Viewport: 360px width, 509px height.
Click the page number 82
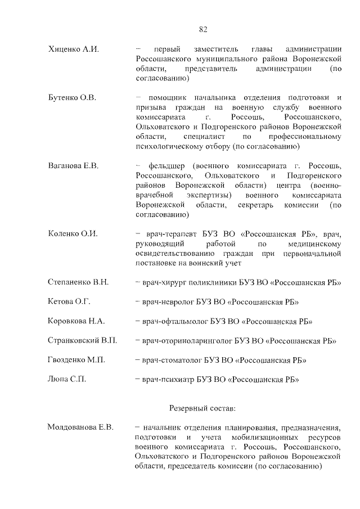click(x=203, y=29)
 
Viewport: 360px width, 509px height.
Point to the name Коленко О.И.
click(x=73, y=233)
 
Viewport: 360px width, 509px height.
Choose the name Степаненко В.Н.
click(x=79, y=282)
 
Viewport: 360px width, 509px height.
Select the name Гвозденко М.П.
click(x=77, y=360)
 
